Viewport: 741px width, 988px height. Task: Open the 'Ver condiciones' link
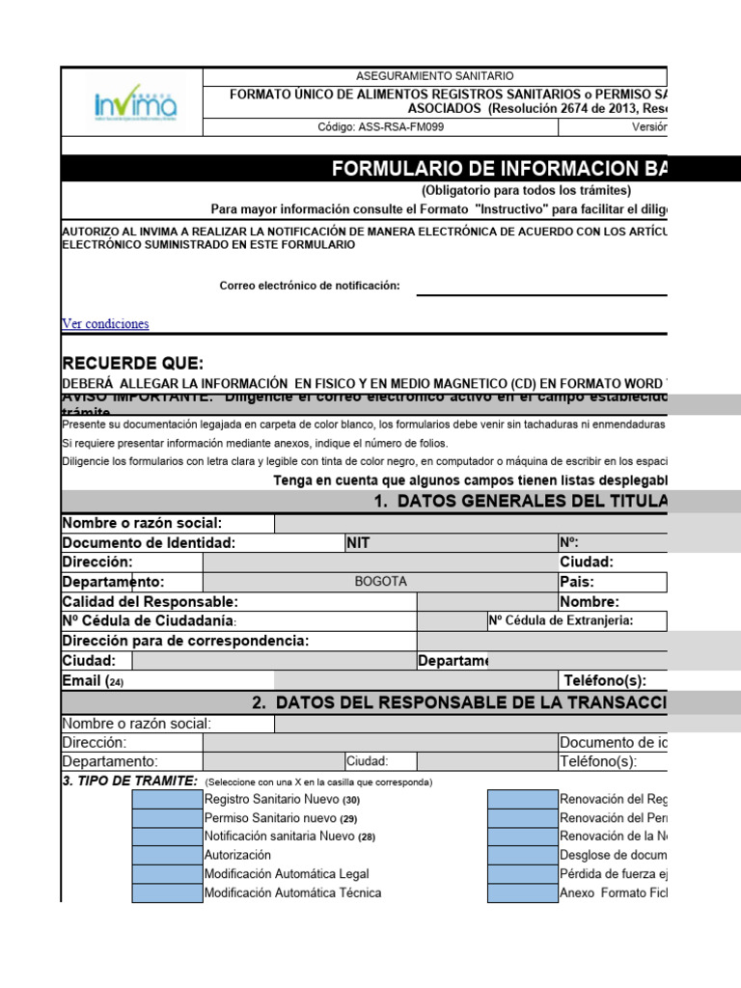(x=105, y=324)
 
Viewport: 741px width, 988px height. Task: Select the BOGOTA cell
(x=381, y=582)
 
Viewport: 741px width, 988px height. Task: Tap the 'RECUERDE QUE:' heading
(x=133, y=364)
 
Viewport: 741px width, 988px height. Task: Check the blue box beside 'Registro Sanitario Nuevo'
(x=167, y=799)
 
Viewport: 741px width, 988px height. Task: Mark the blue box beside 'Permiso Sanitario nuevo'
(x=167, y=817)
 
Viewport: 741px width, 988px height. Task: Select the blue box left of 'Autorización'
(x=167, y=855)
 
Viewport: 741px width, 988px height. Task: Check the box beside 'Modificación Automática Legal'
(x=167, y=874)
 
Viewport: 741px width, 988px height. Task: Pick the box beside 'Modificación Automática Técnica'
(x=167, y=892)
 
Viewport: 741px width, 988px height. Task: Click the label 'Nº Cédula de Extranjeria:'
(x=561, y=621)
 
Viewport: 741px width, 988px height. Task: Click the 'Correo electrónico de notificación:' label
(x=310, y=286)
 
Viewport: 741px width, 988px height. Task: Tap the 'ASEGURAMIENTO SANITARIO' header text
(x=435, y=76)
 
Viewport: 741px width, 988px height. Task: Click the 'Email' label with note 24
(x=93, y=681)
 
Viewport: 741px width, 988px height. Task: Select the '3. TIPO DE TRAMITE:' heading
(x=130, y=781)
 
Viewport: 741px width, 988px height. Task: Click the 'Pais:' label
(x=576, y=582)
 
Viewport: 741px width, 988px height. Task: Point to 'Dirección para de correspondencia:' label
(x=185, y=641)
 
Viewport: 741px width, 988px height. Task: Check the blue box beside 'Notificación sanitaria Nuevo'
(x=167, y=837)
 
